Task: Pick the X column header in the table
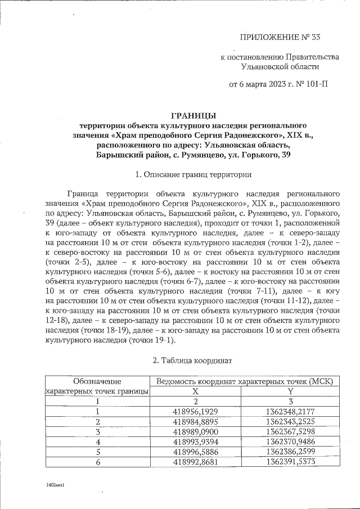point(195,391)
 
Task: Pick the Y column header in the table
point(291,391)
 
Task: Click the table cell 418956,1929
point(195,411)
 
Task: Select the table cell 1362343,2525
point(291,421)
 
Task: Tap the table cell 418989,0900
point(195,431)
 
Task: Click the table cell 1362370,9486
point(291,442)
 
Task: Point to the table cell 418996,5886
point(195,452)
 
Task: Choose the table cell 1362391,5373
point(291,462)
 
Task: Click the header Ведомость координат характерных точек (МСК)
point(244,381)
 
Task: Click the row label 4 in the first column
point(97,442)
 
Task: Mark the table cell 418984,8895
point(195,421)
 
